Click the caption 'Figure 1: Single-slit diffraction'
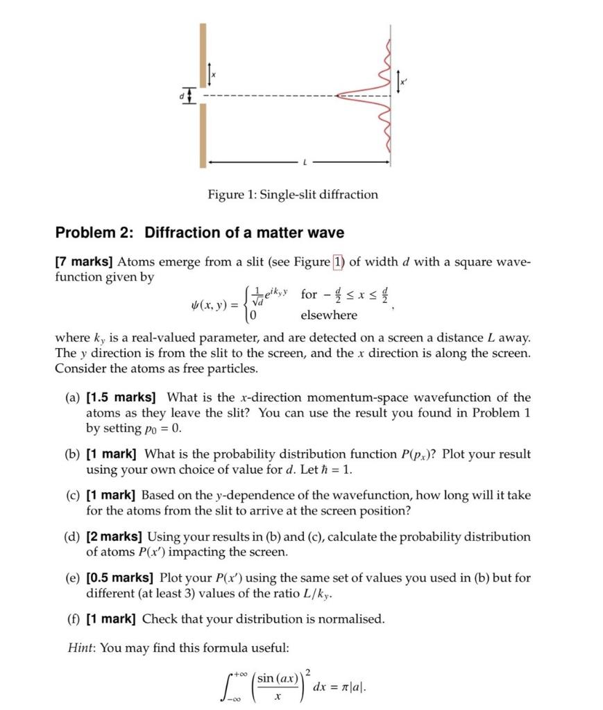click(x=293, y=194)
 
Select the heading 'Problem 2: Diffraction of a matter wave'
click(x=199, y=233)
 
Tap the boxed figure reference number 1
click(x=339, y=261)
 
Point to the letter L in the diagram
click(x=303, y=162)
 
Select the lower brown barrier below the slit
click(x=203, y=135)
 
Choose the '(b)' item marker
click(x=72, y=454)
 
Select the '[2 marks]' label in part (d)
click(x=114, y=537)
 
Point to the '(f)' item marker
click(x=72, y=618)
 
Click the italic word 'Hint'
click(x=80, y=648)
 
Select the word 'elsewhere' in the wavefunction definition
click(x=328, y=315)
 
